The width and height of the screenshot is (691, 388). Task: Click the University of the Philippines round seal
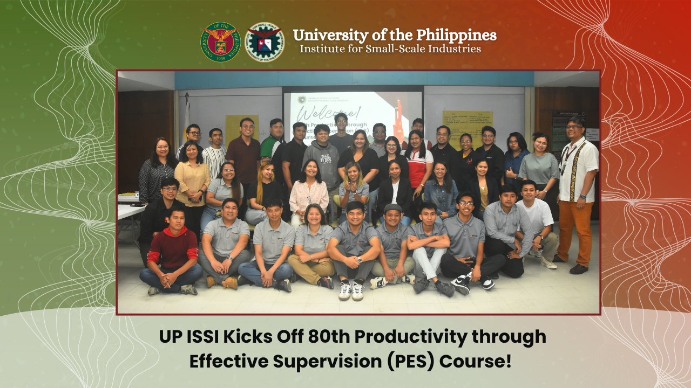click(x=220, y=42)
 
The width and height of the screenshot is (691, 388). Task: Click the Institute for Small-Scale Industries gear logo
click(x=265, y=42)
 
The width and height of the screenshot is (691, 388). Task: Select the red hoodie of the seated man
click(x=173, y=248)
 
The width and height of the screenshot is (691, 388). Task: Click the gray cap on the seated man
click(x=393, y=208)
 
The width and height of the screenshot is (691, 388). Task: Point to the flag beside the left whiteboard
click(x=187, y=116)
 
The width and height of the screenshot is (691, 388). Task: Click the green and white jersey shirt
click(x=270, y=148)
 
